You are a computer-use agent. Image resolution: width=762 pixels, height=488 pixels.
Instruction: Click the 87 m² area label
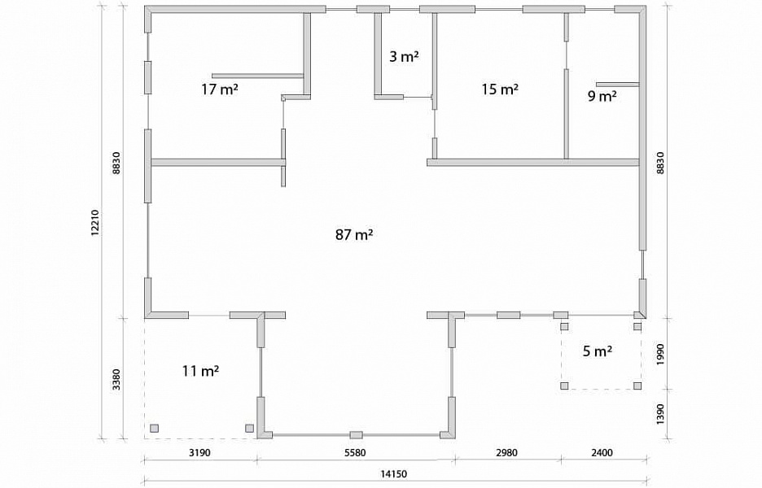click(x=354, y=235)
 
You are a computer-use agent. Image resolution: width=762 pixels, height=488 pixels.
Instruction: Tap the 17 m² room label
click(x=220, y=89)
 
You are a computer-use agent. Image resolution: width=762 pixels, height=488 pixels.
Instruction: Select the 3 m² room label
click(x=404, y=57)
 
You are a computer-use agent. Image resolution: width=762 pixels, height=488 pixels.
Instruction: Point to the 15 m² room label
click(x=500, y=89)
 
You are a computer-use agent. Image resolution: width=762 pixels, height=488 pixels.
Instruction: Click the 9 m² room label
click(x=602, y=96)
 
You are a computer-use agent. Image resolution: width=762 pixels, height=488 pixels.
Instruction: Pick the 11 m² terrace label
click(x=201, y=371)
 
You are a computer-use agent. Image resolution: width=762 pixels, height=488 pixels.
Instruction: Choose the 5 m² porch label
click(x=598, y=351)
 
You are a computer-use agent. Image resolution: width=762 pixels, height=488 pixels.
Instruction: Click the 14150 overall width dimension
click(x=394, y=473)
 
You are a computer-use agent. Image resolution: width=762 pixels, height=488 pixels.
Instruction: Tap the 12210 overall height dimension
click(x=95, y=223)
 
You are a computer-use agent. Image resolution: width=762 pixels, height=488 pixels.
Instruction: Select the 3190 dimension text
click(x=199, y=452)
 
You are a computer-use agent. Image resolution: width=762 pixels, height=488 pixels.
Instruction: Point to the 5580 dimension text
click(x=355, y=452)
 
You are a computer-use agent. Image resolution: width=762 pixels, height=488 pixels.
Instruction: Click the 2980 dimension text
click(x=506, y=452)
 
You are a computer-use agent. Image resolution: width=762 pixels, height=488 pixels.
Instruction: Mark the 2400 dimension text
click(x=602, y=452)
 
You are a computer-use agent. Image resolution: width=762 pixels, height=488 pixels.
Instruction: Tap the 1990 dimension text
click(x=660, y=355)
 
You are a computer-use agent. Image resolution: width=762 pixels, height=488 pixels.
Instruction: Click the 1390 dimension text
click(x=660, y=414)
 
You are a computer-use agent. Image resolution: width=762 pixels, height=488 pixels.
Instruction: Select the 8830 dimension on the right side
click(x=660, y=163)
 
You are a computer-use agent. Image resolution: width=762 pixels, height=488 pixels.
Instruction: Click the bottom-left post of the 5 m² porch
click(x=564, y=386)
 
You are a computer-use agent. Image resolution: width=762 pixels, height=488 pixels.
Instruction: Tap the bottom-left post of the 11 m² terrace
click(x=154, y=428)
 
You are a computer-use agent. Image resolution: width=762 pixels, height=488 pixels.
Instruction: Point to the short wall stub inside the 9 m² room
click(x=617, y=85)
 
